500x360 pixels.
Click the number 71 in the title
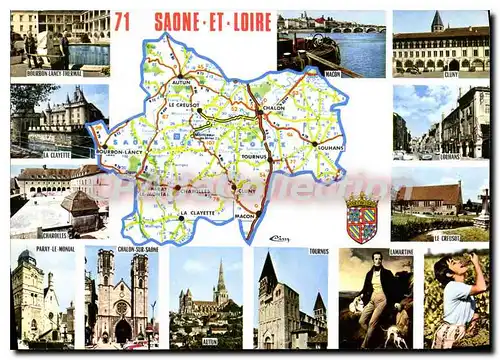[x=123, y=21]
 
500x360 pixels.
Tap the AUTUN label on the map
[x=181, y=81]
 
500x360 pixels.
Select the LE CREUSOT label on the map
[x=184, y=104]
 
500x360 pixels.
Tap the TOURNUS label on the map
[x=254, y=156]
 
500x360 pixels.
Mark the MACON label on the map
[x=245, y=215]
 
